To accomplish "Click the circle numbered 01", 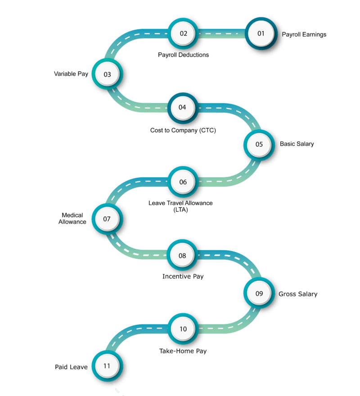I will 261,33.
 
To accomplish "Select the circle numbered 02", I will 183,33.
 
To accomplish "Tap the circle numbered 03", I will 107,75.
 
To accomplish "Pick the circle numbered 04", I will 182,108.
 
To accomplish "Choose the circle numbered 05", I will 259,144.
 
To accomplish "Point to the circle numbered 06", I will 183,182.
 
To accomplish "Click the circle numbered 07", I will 107,219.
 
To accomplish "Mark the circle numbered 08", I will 182,256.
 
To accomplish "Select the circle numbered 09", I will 259,293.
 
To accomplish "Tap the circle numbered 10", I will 183,329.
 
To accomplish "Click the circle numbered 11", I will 107,366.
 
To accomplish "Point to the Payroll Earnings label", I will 304,35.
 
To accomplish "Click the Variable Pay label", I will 71,74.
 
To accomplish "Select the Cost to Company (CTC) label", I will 183,130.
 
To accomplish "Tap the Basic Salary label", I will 297,144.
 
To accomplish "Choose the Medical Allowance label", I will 72,219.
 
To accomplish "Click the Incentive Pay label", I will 183,276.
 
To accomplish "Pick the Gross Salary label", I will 299,294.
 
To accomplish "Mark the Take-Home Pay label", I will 183,351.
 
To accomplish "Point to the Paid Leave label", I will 71,367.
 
